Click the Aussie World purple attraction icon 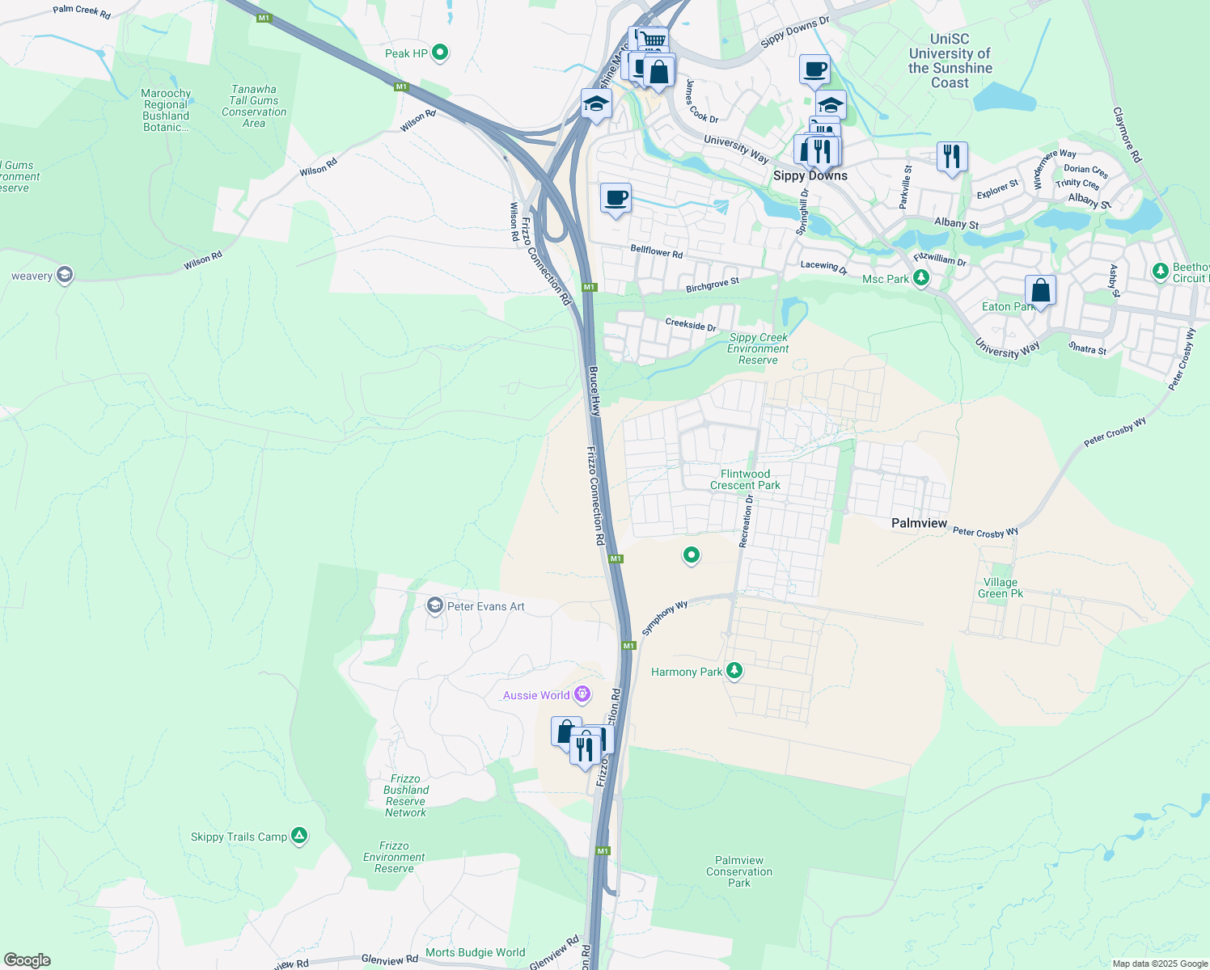click(x=582, y=694)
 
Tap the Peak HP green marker click(x=440, y=53)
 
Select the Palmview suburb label click(x=919, y=523)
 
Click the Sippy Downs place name click(x=810, y=175)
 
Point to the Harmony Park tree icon click(x=734, y=671)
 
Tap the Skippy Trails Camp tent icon click(x=299, y=836)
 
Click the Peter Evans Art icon click(x=435, y=606)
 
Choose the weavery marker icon click(x=65, y=276)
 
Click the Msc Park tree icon click(x=920, y=278)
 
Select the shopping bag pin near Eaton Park click(x=1040, y=290)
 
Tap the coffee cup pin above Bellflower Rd click(x=616, y=198)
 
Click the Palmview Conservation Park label click(x=739, y=871)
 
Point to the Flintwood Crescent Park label click(x=745, y=479)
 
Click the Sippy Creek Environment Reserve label click(x=758, y=348)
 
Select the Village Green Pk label click(x=1001, y=588)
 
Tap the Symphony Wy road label click(x=664, y=618)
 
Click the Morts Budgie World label click(x=476, y=952)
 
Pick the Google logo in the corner click(x=27, y=960)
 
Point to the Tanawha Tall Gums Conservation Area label click(x=254, y=106)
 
